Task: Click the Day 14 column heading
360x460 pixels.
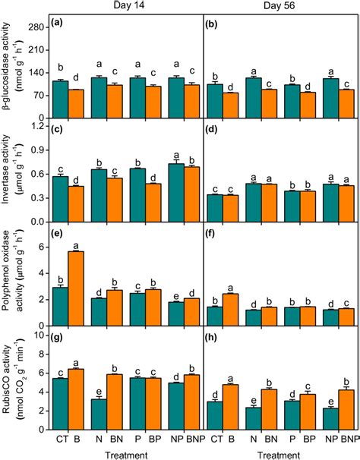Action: pos(128,6)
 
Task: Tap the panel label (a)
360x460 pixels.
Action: pos(62,24)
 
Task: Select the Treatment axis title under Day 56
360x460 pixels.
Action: pos(280,453)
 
